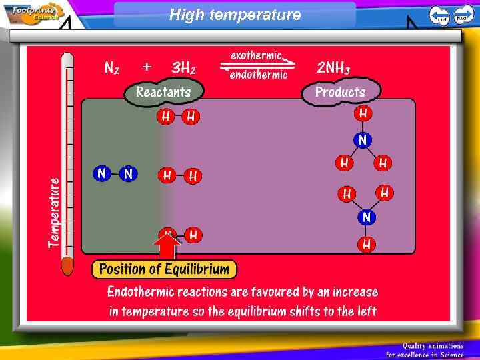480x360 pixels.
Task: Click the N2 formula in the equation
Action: pos(112,67)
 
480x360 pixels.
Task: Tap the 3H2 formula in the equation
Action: pos(183,67)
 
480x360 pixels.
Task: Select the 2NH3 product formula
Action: pos(333,67)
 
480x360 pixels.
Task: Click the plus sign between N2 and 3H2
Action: pos(147,67)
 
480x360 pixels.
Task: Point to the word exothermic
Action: pos(257,55)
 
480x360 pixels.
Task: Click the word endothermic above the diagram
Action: pos(259,75)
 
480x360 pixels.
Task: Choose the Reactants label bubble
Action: pos(163,92)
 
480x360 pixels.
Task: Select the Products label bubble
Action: pos(340,92)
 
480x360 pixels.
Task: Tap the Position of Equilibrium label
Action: pos(164,269)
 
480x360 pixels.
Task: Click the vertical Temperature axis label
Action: pos(54,212)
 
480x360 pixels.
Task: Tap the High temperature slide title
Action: pos(235,14)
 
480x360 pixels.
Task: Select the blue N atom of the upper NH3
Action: pos(363,140)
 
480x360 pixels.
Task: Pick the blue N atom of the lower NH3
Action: pos(366,217)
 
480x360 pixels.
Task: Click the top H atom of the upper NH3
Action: pos(363,113)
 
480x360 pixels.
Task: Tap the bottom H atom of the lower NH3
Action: pos(366,244)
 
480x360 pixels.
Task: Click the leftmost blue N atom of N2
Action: pos(101,174)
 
